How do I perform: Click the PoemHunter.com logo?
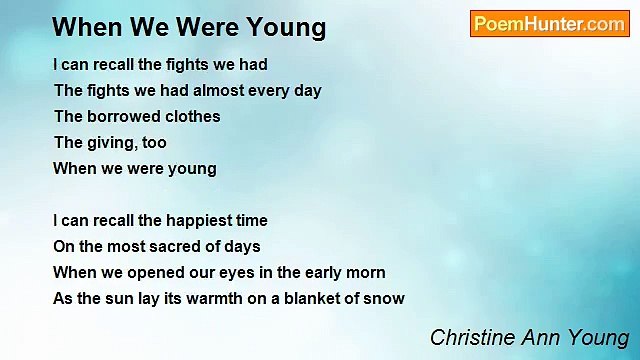point(549,24)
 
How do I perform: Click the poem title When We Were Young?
point(189,27)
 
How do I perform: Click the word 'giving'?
point(111,142)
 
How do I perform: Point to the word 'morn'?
point(364,272)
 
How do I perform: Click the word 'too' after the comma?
point(153,142)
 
